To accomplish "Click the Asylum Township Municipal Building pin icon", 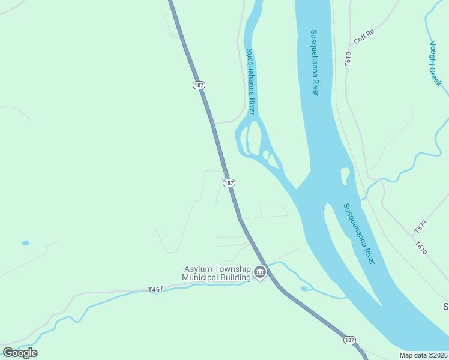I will point(259,272).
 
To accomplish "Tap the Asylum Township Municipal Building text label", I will point(217,273).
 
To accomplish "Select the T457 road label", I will point(155,290).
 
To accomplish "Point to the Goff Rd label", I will point(364,37).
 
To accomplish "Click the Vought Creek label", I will point(435,63).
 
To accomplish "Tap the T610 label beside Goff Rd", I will point(348,58).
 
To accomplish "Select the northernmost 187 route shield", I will point(199,85).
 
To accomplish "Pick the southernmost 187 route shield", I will point(349,340).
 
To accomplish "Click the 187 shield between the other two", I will point(228,182).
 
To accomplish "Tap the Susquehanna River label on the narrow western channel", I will point(251,82).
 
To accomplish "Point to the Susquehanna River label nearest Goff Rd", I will point(315,62).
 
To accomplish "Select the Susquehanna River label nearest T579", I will point(359,233).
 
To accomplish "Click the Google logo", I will point(20,352).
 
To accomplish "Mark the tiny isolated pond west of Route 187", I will point(25,243).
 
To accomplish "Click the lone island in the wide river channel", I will point(345,176).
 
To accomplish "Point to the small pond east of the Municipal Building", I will point(304,289).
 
